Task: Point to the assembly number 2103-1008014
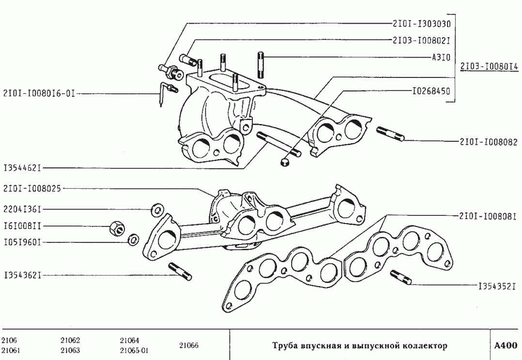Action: [489, 66]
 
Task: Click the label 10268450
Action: [431, 90]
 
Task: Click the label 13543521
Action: [496, 286]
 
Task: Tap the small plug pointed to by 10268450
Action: [285, 161]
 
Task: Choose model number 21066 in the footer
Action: [189, 345]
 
